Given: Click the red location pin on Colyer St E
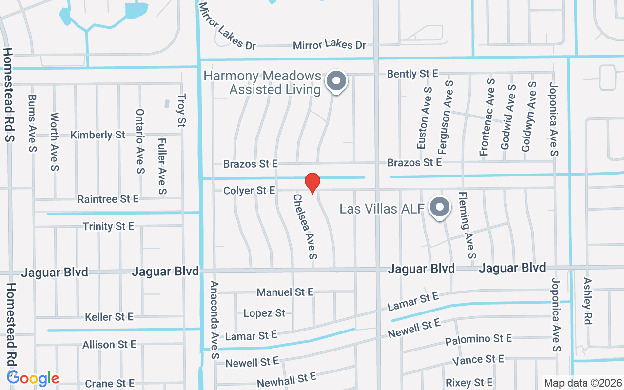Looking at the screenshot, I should [312, 182].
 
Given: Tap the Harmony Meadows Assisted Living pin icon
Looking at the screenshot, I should [336, 81].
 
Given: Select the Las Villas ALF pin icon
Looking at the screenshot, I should [439, 208].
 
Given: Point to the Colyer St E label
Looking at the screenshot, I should [249, 190].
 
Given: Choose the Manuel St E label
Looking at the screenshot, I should [285, 292].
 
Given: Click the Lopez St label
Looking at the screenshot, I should [264, 313].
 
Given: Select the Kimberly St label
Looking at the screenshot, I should [98, 135].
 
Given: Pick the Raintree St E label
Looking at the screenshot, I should [108, 199].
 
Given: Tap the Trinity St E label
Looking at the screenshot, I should [108, 226].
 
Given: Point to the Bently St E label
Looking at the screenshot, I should [412, 74].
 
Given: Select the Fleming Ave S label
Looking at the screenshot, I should [467, 225].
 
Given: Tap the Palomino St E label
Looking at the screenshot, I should [478, 339].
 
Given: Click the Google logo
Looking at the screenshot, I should [33, 378].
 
